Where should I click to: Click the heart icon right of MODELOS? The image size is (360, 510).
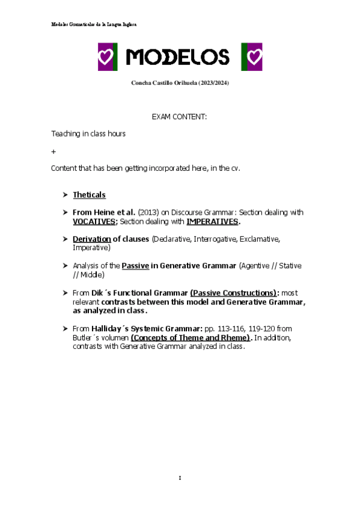(x=251, y=57)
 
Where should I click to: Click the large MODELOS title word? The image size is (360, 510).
(x=178, y=57)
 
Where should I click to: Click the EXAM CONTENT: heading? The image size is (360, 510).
(x=179, y=117)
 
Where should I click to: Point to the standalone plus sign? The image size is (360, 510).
(x=53, y=151)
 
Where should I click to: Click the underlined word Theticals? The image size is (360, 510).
(x=89, y=195)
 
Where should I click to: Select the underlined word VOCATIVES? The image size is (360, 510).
(x=94, y=221)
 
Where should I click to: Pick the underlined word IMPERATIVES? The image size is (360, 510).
(x=212, y=221)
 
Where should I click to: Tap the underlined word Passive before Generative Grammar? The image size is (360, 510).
(x=135, y=265)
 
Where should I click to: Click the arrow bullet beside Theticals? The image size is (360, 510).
(x=65, y=195)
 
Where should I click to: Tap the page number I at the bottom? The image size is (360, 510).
(x=180, y=478)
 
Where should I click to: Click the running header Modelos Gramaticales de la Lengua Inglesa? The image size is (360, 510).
(x=94, y=24)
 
